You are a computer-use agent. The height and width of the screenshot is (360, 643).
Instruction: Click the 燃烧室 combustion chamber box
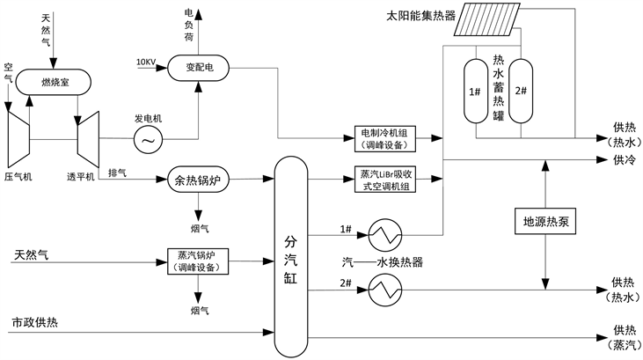[x=53, y=83]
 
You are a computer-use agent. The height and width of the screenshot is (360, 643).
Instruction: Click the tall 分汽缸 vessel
[x=291, y=254]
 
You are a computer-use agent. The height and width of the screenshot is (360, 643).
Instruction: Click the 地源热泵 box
[x=545, y=222]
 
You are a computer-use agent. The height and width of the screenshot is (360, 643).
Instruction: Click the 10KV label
[x=147, y=62]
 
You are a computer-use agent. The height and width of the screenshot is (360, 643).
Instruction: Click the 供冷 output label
[x=624, y=160]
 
